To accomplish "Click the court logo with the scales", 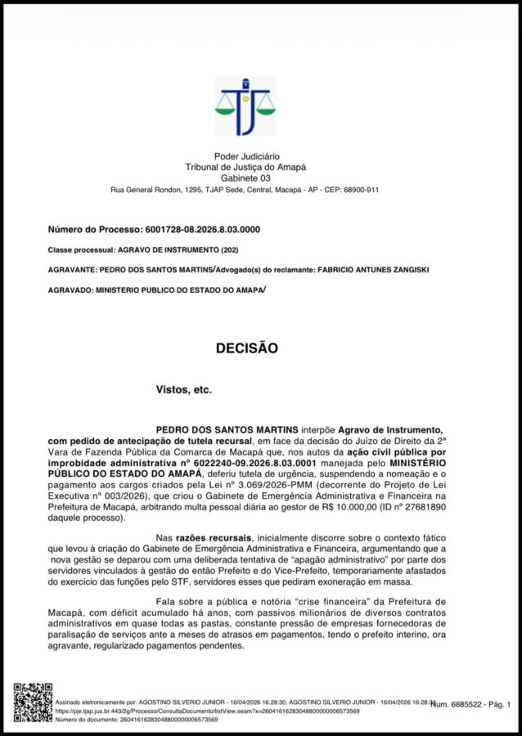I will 245,106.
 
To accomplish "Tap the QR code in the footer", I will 33,702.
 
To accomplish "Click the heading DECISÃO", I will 247,348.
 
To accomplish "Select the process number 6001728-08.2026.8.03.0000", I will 202,230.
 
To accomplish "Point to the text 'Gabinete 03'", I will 245,178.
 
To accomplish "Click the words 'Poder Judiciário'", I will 246,156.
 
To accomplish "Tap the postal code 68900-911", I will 356,190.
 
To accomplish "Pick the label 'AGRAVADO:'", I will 70,289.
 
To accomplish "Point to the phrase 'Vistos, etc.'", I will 183,390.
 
